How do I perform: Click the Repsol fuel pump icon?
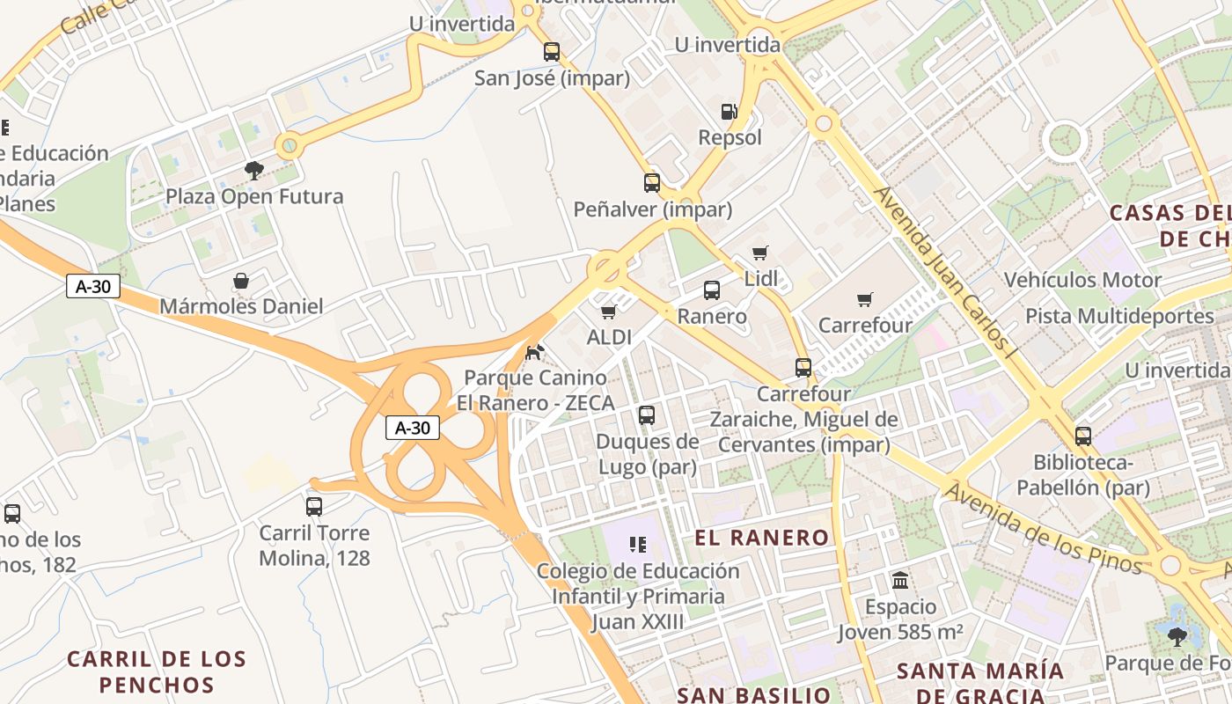(729, 111)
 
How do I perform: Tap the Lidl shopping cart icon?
(760, 253)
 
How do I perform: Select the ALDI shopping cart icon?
(608, 312)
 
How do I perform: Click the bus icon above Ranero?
(712, 290)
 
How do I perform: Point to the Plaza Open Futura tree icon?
(254, 170)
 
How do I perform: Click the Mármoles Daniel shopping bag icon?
(241, 281)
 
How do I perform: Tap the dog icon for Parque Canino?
(534, 352)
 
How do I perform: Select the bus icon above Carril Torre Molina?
(314, 506)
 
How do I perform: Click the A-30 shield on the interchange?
(413, 428)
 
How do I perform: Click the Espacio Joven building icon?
(900, 580)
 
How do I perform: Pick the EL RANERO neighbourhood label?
(762, 538)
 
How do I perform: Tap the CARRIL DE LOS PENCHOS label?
(157, 671)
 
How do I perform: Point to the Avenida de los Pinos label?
(1043, 528)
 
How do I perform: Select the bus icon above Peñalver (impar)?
(652, 183)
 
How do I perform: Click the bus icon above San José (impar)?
(552, 52)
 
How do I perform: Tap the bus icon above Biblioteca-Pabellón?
(1083, 436)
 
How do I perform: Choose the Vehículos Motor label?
(1083, 281)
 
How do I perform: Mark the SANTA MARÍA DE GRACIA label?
(980, 683)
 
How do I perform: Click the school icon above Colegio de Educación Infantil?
(639, 545)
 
